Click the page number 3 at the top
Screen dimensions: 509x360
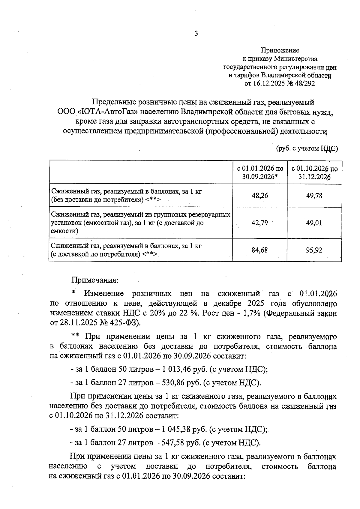coord(196,34)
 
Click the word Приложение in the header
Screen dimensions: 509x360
coord(280,50)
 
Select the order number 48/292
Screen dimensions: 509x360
coord(305,84)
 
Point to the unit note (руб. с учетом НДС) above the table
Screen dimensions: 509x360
coord(307,148)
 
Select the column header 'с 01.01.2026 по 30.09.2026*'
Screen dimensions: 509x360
coord(260,173)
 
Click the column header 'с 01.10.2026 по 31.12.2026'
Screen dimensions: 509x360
coord(314,173)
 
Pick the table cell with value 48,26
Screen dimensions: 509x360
coord(260,196)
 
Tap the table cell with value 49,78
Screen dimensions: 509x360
coord(314,196)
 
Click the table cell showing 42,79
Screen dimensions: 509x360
coord(260,223)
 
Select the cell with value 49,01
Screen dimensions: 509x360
coord(314,223)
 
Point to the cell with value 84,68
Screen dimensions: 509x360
coord(260,250)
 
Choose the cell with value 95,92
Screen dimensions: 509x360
coord(314,250)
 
